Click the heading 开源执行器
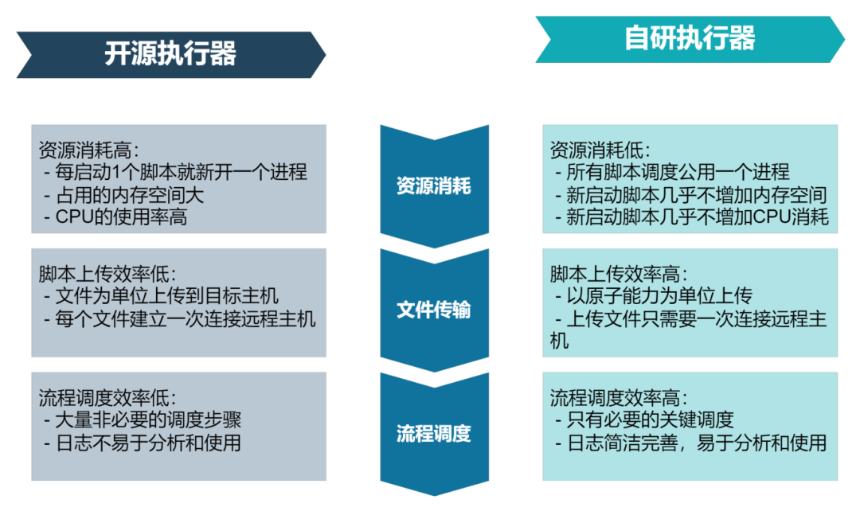click(170, 54)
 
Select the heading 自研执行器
click(690, 38)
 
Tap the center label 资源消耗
click(434, 186)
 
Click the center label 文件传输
click(434, 310)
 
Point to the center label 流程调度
click(434, 433)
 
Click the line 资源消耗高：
click(89, 150)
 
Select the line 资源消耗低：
click(600, 150)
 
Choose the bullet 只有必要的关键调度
click(647, 420)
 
